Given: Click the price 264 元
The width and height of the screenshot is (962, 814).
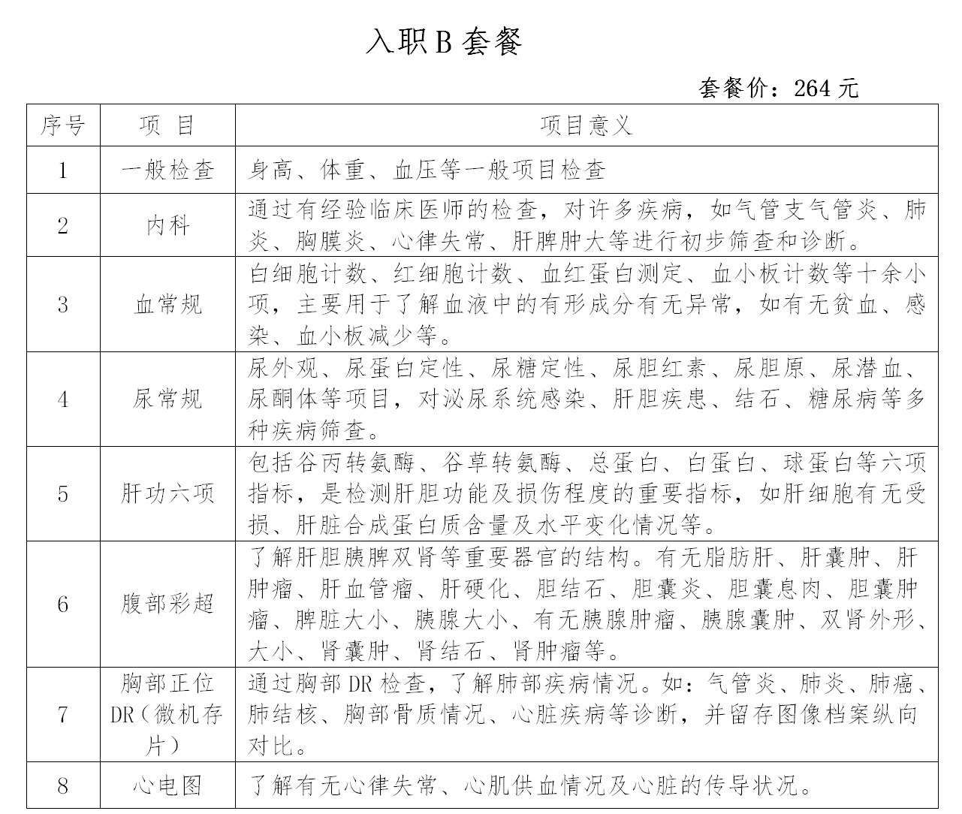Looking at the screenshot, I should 825,89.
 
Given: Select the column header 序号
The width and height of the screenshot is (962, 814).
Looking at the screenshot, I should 63,125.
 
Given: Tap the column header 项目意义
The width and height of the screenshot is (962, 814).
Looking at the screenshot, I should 587,125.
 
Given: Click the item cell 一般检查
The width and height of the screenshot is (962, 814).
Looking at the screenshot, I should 167,170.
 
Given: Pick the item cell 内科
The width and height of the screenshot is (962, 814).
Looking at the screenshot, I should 167,225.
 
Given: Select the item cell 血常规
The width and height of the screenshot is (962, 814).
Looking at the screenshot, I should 167,304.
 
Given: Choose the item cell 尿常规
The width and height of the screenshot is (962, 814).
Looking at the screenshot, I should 167,399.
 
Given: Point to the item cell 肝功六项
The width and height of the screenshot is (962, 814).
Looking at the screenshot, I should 167,493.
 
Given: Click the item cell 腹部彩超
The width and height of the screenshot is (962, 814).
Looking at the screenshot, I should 167,604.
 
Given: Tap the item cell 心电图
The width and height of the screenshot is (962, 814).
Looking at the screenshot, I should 167,786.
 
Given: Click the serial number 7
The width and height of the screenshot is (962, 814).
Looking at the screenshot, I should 63,714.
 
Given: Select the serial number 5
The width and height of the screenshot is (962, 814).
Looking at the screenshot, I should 63,493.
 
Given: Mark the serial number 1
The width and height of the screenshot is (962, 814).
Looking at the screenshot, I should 63,170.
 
